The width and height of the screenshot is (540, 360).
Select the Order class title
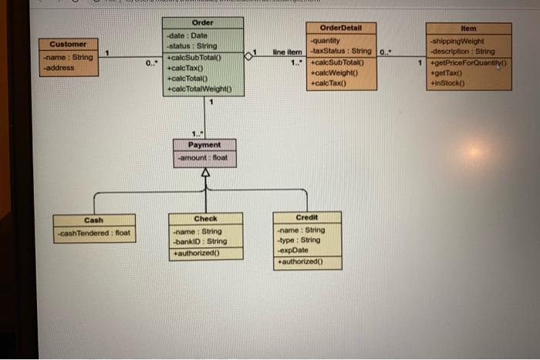pos(202,23)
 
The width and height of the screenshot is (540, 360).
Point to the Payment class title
pos(204,145)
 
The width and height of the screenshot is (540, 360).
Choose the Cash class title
pos(93,220)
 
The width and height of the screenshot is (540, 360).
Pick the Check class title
pos(205,219)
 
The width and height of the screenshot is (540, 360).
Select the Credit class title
pos(306,217)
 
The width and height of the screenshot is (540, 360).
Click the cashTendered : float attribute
pos(94,233)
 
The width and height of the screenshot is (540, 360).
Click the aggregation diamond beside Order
pos(248,56)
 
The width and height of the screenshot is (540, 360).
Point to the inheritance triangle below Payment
pos(204,174)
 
